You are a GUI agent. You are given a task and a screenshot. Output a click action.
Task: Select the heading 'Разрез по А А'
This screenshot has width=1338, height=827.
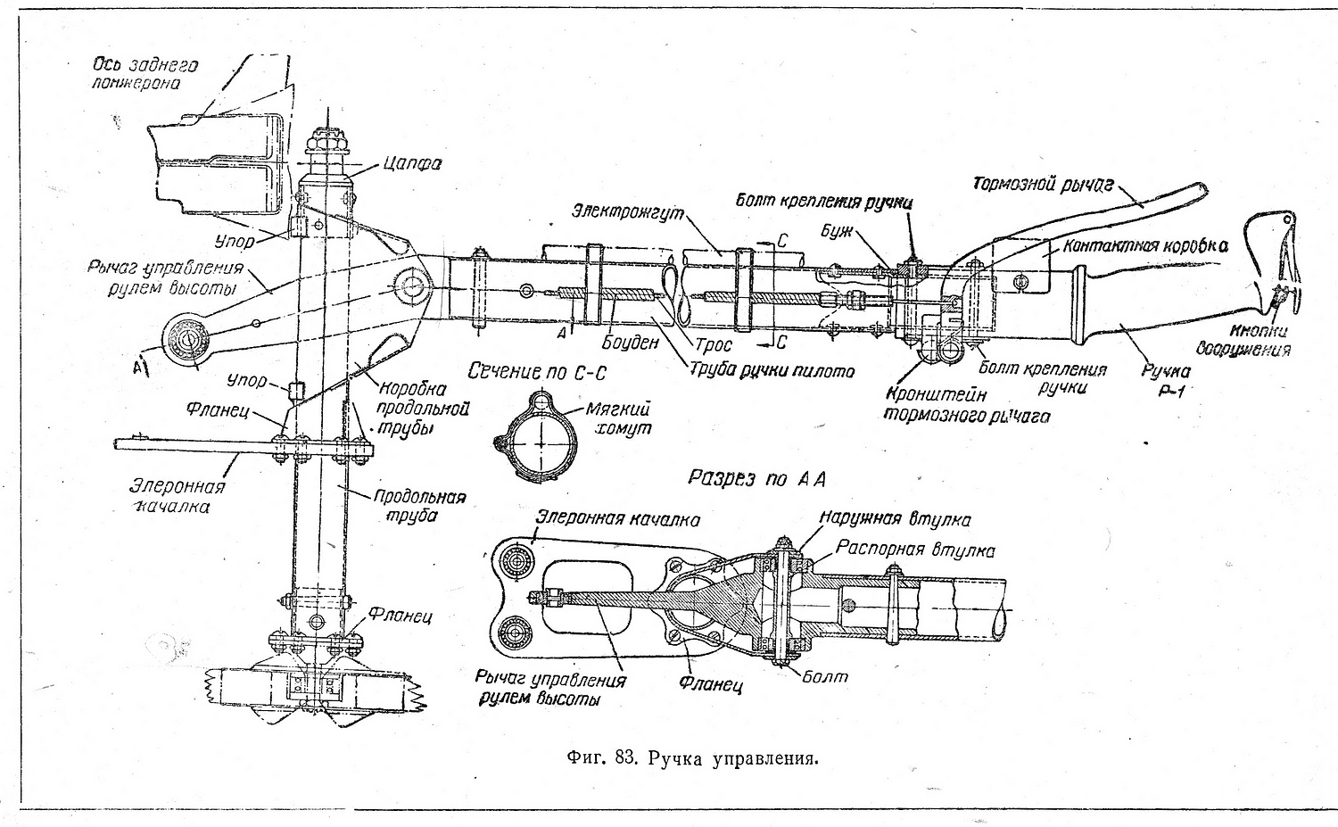point(757,479)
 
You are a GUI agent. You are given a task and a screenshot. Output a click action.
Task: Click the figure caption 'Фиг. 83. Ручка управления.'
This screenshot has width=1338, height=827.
point(691,759)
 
